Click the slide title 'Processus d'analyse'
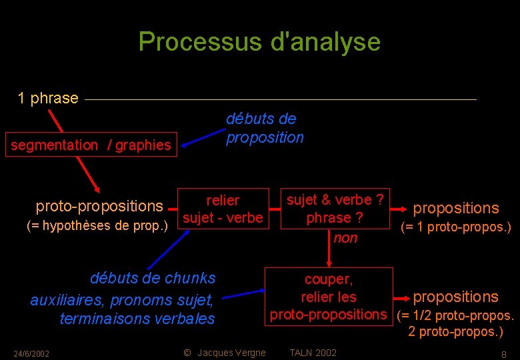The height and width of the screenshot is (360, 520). click(259, 42)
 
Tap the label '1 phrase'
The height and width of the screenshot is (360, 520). click(48, 99)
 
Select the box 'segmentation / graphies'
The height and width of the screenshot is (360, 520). click(91, 145)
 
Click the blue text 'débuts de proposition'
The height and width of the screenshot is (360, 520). click(265, 128)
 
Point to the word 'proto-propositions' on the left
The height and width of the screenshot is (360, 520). click(99, 207)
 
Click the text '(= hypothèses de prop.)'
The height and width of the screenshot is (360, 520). click(97, 225)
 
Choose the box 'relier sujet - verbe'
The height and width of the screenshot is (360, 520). click(223, 209)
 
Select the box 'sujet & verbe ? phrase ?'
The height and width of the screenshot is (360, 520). click(335, 209)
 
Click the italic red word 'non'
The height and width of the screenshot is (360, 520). click(345, 238)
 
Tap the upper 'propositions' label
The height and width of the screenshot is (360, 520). click(456, 208)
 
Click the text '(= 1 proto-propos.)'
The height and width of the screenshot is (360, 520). click(455, 227)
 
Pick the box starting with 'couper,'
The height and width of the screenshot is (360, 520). click(329, 296)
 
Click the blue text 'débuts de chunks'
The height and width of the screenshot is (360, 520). click(153, 278)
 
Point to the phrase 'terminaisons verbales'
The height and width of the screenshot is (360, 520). click(137, 319)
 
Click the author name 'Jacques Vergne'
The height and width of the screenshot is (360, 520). click(231, 353)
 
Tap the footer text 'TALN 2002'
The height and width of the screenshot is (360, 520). click(313, 353)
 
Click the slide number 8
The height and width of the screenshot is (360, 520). click(503, 354)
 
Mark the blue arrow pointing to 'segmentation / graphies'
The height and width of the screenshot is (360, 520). click(199, 138)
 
